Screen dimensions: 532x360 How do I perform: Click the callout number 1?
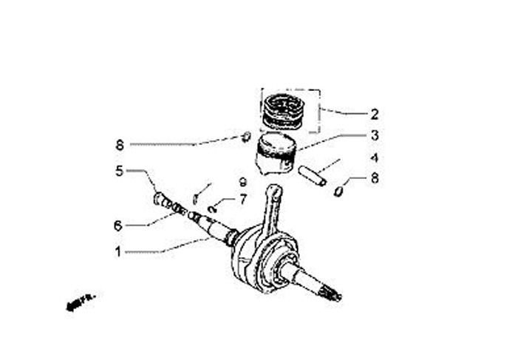117,251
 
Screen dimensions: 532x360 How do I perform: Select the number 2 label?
375,115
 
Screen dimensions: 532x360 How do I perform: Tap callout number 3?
375,135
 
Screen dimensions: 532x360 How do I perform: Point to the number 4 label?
375,157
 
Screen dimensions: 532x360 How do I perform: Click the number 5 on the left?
117,171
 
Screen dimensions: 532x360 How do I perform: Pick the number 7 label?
242,200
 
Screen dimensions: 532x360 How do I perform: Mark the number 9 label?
242,182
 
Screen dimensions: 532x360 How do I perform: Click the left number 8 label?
117,145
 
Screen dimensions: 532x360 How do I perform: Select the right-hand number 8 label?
375,178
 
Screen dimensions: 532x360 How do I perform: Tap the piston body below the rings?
276,155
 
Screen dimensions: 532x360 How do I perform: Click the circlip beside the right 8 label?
338,191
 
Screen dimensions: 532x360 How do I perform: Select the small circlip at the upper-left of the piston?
247,135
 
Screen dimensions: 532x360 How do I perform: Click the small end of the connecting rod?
275,193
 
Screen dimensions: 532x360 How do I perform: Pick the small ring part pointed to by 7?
212,208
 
